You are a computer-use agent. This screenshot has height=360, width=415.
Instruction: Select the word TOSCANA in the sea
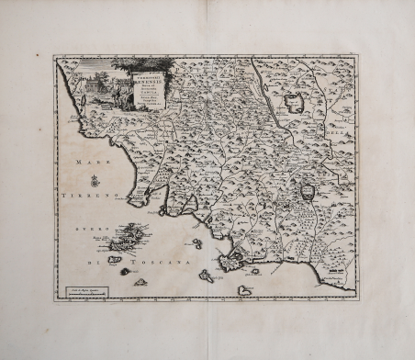164,264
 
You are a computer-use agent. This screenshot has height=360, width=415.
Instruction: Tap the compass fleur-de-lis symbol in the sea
95,181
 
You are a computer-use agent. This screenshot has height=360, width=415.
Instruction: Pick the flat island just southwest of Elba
114,260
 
